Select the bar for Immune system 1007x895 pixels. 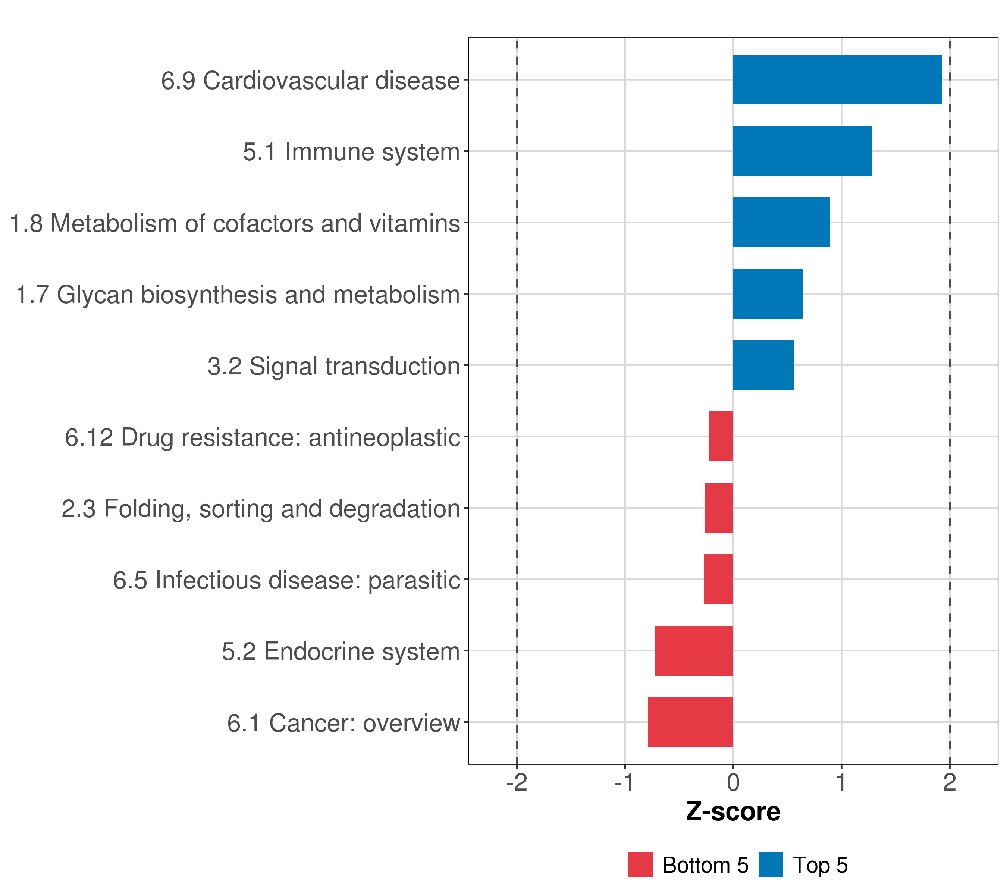(802, 151)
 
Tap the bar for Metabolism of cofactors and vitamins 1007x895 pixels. (781, 222)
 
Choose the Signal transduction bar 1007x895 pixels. (763, 365)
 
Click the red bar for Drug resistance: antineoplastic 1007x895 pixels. (721, 436)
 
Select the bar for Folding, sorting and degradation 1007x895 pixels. (719, 508)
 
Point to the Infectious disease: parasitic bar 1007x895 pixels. (718, 579)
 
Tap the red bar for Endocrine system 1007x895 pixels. (694, 651)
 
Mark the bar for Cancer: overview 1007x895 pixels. (690, 722)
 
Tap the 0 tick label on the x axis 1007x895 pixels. (733, 783)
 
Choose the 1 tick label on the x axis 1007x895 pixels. (841, 783)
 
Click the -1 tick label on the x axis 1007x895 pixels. (625, 783)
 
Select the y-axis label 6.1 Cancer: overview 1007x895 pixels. (343, 723)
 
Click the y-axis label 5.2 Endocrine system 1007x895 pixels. (341, 651)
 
